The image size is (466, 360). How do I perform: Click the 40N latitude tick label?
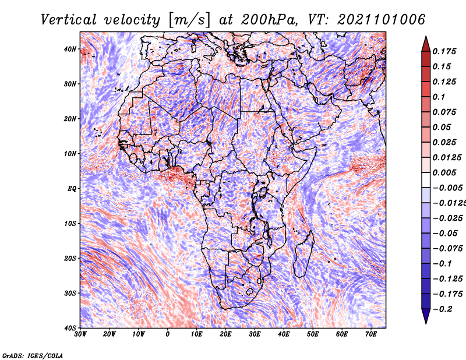(x=70, y=49)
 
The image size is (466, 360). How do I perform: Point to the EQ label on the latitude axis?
(x=72, y=189)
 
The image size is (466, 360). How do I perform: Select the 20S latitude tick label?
(x=70, y=258)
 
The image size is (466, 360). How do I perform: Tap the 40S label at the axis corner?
(x=70, y=328)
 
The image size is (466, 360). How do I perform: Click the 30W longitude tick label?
(x=80, y=334)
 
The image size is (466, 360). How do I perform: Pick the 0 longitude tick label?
(x=168, y=334)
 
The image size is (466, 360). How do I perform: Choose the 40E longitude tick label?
(x=284, y=334)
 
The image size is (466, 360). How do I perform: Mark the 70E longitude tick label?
(x=371, y=334)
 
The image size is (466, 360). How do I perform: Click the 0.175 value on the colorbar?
(x=444, y=51)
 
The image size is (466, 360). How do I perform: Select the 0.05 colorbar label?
(x=442, y=127)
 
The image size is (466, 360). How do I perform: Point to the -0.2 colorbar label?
(x=442, y=309)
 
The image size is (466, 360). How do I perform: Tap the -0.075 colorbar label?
(x=447, y=249)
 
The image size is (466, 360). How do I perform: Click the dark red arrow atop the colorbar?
(x=426, y=44)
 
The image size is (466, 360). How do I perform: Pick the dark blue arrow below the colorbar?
(x=426, y=316)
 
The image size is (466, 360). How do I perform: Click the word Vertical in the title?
(x=68, y=20)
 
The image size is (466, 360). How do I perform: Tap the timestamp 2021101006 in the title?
(x=382, y=20)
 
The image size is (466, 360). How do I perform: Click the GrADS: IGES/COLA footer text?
(x=33, y=355)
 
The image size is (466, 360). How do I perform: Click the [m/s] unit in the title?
(x=189, y=20)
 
